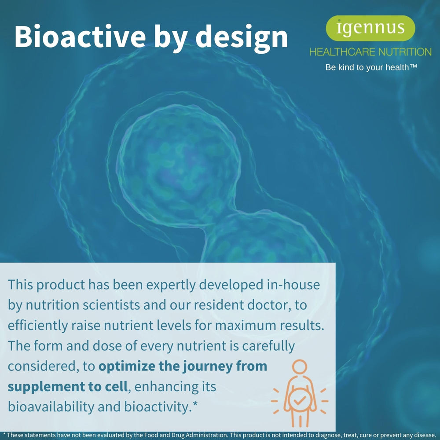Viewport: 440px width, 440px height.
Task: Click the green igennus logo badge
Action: click(370, 28)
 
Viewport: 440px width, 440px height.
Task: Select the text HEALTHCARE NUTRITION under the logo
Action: click(370, 52)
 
